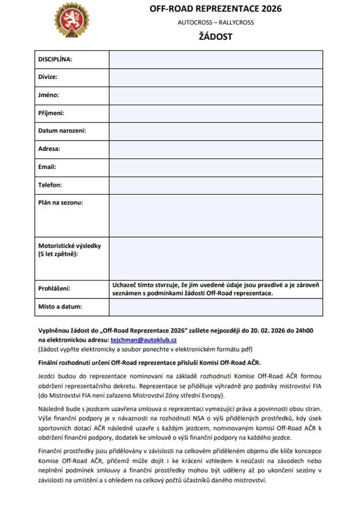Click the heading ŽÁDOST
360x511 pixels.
[216, 36]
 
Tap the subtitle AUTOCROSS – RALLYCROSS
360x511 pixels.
[216, 22]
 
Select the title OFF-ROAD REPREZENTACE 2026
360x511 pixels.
[216, 9]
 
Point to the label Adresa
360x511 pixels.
[49, 149]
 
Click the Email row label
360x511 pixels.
[47, 167]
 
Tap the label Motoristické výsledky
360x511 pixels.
[69, 246]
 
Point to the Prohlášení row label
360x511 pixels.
[54, 289]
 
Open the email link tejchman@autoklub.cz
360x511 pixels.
[144, 340]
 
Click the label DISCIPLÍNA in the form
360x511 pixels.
[55, 59]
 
